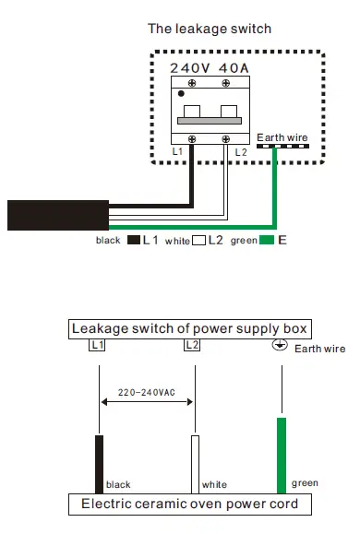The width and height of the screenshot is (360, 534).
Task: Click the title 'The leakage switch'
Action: click(x=210, y=29)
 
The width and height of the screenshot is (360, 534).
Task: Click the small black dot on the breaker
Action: click(x=181, y=93)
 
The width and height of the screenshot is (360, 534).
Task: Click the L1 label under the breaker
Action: click(x=177, y=149)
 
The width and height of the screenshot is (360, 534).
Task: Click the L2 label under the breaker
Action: click(x=241, y=149)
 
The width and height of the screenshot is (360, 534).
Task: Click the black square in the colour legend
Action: click(x=133, y=241)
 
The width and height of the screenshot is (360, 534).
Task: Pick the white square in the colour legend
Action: click(x=198, y=241)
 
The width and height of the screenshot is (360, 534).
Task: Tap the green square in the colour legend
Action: click(x=266, y=241)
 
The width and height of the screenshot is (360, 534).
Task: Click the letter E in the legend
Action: click(x=282, y=241)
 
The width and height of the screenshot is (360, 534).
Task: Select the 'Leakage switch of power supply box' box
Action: click(x=189, y=328)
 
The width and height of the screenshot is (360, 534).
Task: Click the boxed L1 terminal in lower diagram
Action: click(x=97, y=345)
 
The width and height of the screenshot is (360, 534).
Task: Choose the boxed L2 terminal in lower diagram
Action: click(x=192, y=345)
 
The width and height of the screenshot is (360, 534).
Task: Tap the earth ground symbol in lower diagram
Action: click(x=276, y=346)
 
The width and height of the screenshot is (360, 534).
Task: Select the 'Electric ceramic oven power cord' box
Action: click(x=189, y=504)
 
